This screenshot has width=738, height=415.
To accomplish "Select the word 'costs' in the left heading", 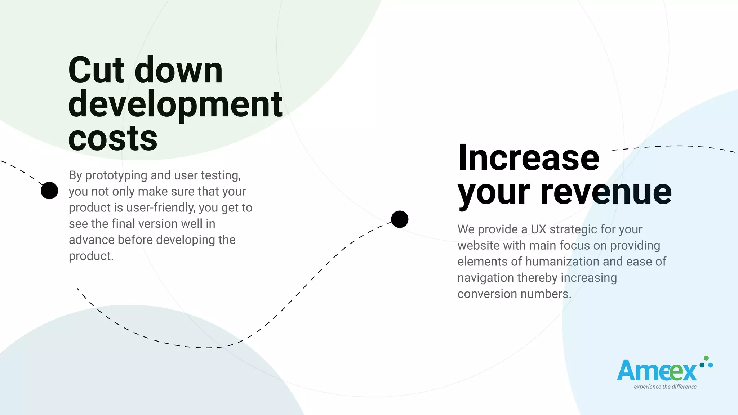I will pyautogui.click(x=113, y=138).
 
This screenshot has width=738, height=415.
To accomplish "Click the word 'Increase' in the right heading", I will pyautogui.click(x=529, y=158).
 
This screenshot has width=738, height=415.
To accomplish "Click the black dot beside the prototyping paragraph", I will pyautogui.click(x=49, y=191).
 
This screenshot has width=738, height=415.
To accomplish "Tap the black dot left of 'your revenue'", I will pyautogui.click(x=400, y=219).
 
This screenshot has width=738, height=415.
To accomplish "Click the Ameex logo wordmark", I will pyautogui.click(x=657, y=371).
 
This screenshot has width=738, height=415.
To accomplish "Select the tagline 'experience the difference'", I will pyautogui.click(x=665, y=387).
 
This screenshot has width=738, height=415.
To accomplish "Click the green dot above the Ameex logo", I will pyautogui.click(x=706, y=358).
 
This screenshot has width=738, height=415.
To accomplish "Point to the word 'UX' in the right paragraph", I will pyautogui.click(x=538, y=229).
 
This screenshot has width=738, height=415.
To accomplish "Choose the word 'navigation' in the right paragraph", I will pyautogui.click(x=485, y=278).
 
